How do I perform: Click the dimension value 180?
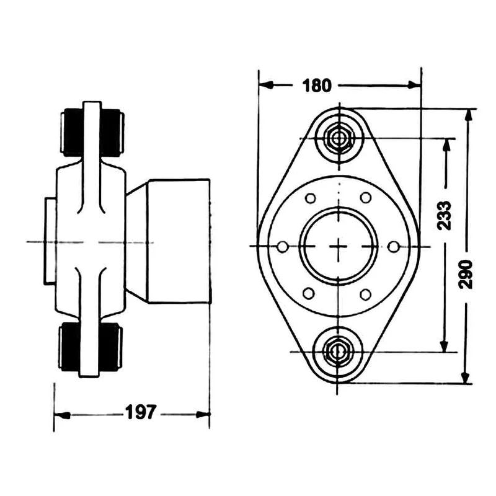click(317, 86)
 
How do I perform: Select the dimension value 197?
click(141, 413)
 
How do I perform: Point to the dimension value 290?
click(467, 273)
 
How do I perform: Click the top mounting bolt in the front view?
click(339, 138)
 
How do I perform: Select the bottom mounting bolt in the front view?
click(338, 351)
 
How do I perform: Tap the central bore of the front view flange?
click(338, 246)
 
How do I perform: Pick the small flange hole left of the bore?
click(283, 247)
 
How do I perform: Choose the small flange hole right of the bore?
click(392, 247)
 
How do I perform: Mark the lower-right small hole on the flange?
click(365, 293)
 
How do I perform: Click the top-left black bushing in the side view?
click(71, 130)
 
